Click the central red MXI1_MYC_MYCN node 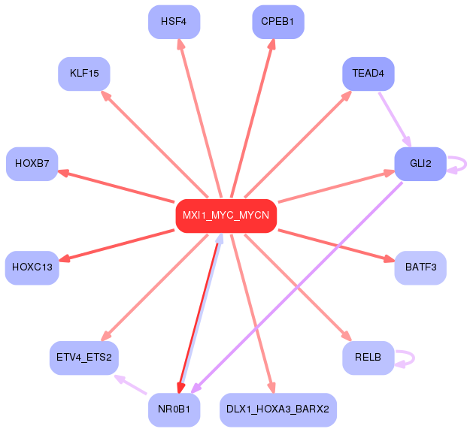click(x=226, y=216)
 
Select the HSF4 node click(x=174, y=21)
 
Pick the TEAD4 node click(x=368, y=74)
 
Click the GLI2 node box click(x=420, y=163)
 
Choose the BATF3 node click(x=420, y=267)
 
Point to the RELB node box click(x=368, y=357)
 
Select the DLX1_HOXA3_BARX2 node click(x=278, y=409)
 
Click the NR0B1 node click(x=174, y=409)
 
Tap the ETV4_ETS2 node click(x=83, y=357)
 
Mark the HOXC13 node click(x=32, y=267)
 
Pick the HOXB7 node click(x=32, y=163)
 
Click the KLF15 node click(x=83, y=74)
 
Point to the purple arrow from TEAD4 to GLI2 click(x=395, y=119)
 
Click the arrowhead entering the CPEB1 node click(x=271, y=44)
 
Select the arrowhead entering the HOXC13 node click(x=64, y=259)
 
